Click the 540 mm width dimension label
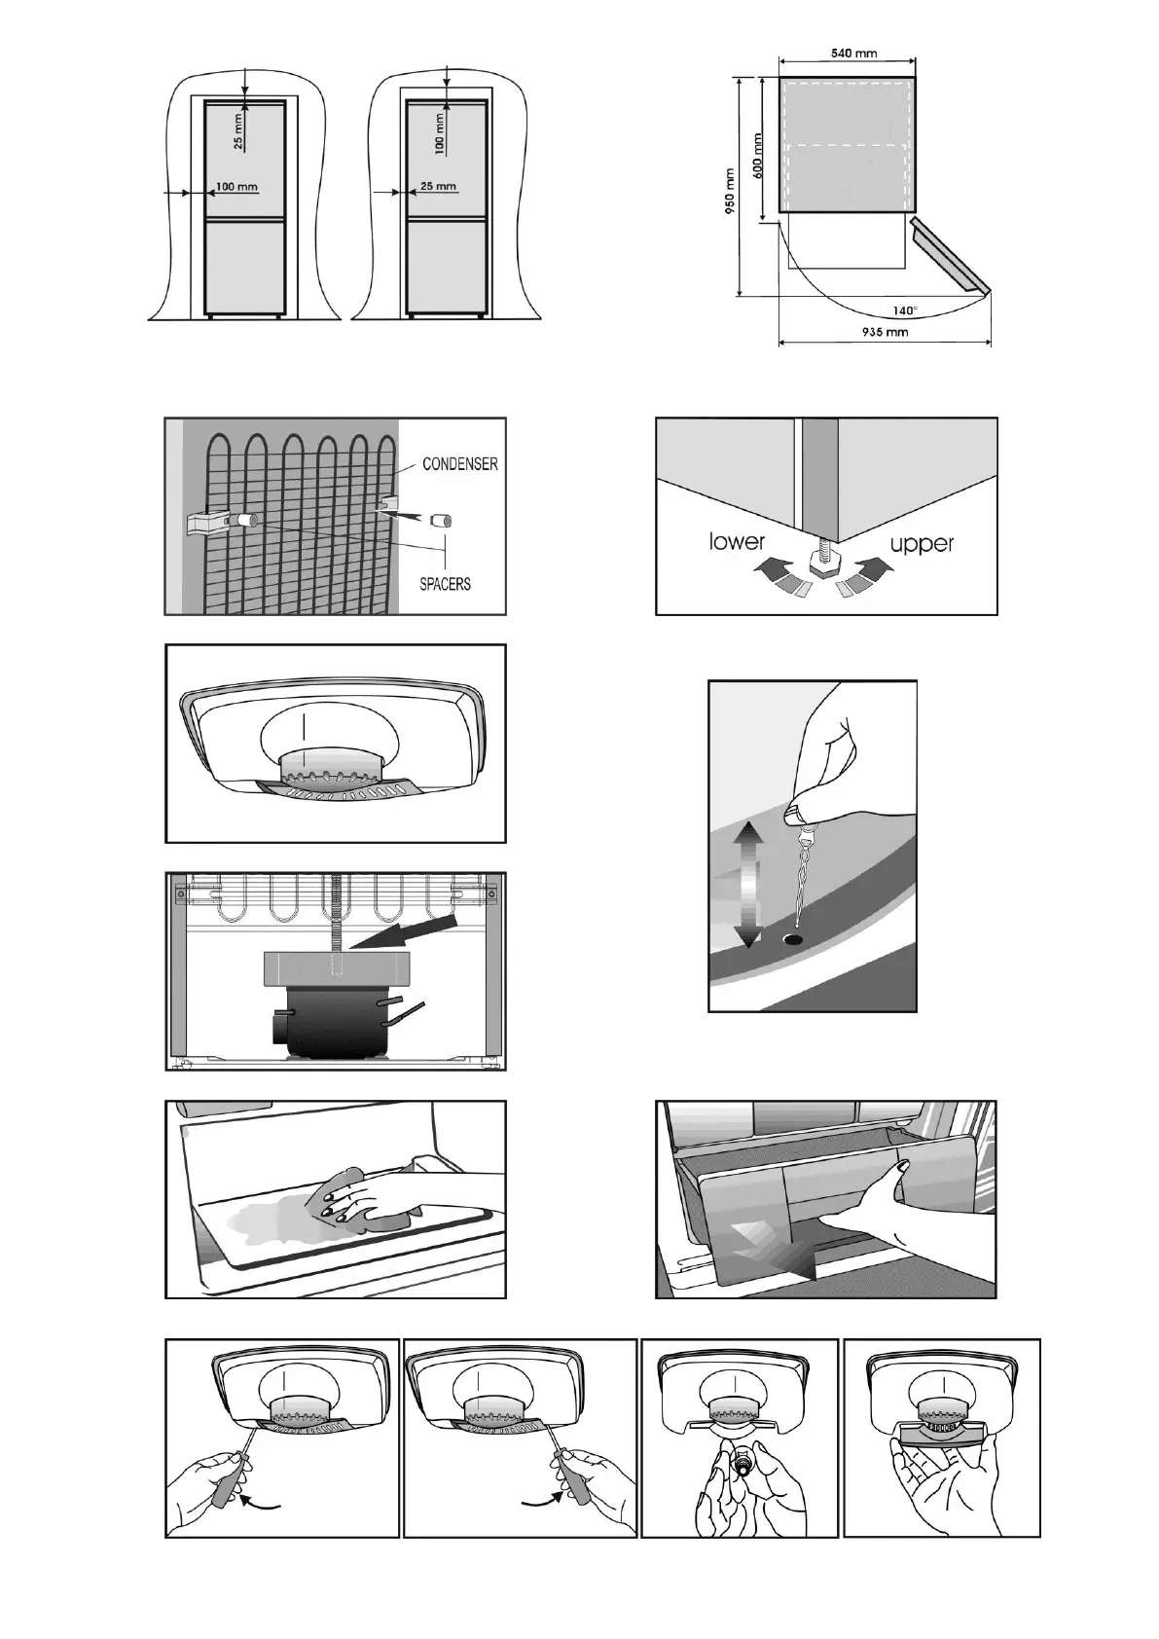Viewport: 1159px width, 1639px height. pos(854,53)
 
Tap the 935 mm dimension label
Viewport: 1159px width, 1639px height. pos(886,332)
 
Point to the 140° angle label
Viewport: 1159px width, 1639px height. pos(905,310)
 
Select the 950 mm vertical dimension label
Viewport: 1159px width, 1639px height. pos(728,192)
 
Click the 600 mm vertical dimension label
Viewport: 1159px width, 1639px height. pos(758,154)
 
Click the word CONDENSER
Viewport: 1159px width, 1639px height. pos(459,464)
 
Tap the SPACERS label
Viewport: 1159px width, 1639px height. pos(445,584)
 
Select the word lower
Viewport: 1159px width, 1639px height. pos(738,541)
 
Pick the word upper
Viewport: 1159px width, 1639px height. pos(921,543)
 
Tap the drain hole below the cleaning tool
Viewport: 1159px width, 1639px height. pos(795,941)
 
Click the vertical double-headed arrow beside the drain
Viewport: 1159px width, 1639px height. pos(746,884)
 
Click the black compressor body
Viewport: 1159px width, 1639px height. pos(331,1022)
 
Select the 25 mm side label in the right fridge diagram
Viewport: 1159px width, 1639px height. pos(438,186)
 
